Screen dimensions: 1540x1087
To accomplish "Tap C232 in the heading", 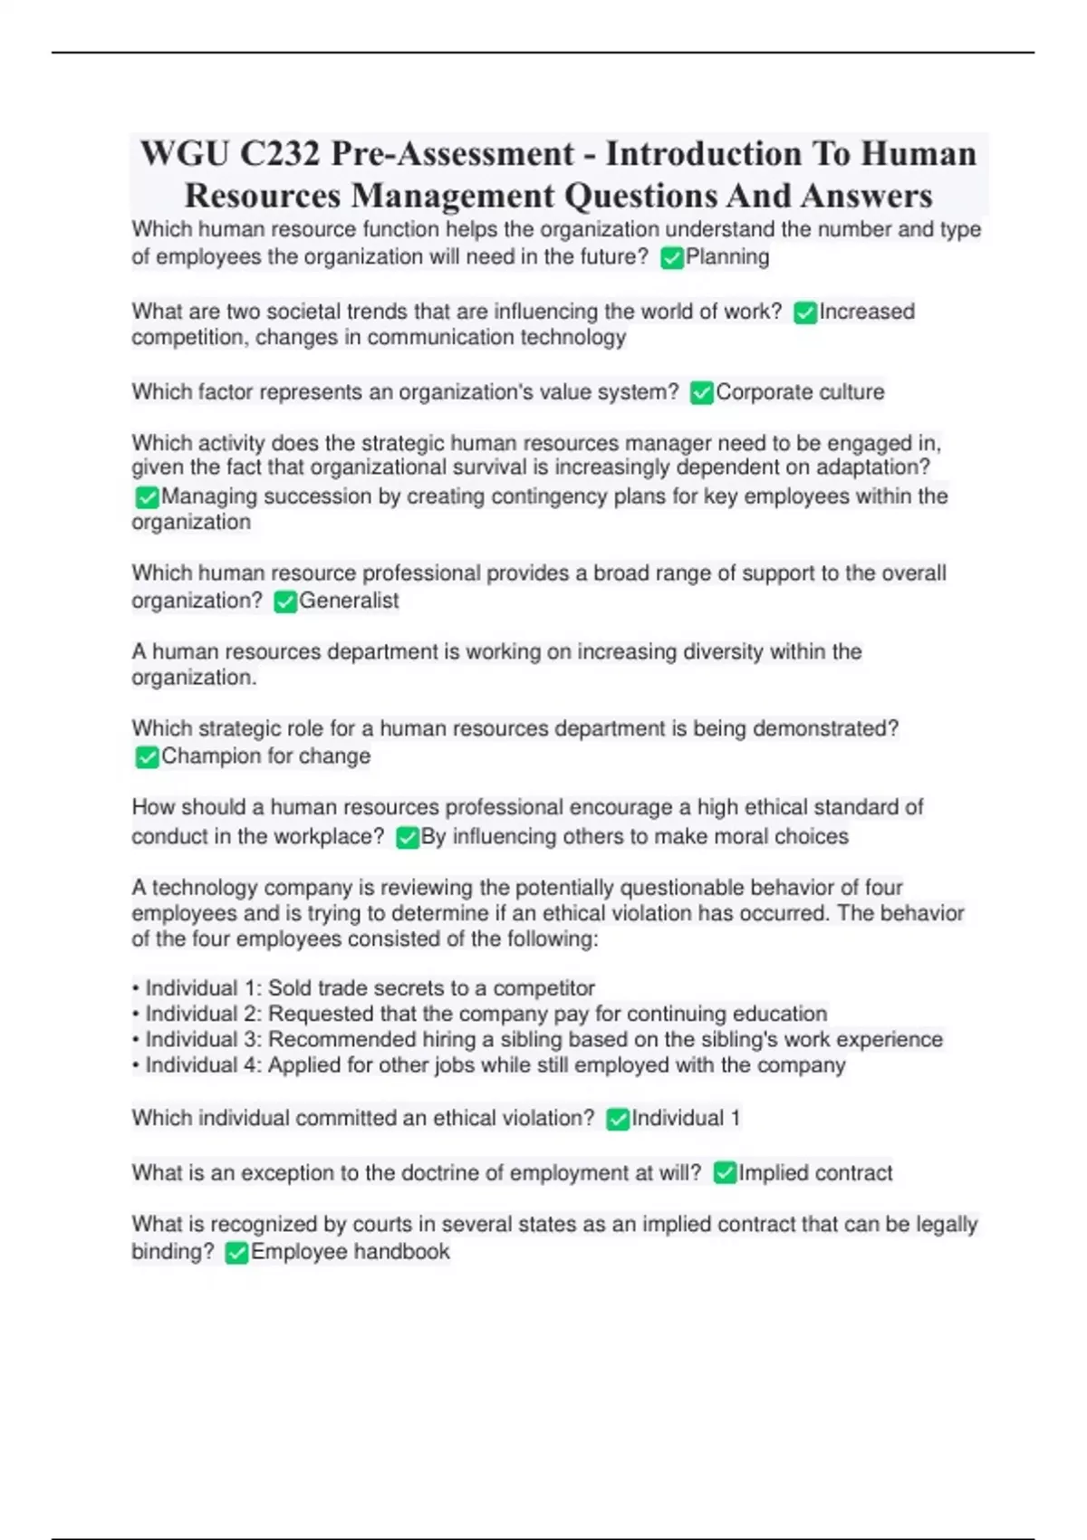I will coord(280,154).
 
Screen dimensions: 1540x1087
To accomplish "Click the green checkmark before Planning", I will coord(671,258).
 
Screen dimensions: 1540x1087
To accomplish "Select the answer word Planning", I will coord(727,257).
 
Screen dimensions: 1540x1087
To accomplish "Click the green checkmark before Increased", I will coord(804,313).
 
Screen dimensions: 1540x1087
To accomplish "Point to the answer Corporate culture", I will coord(800,392).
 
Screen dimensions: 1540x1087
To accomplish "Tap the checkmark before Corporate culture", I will coord(701,393).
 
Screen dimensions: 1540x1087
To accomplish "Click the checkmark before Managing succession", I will coord(147,497).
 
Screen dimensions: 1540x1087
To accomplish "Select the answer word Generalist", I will coord(349,601).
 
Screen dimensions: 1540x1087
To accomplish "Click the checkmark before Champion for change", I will coord(147,757).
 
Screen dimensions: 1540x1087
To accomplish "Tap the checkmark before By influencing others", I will coord(408,837).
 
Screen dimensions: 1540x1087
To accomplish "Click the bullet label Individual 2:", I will coord(204,1014).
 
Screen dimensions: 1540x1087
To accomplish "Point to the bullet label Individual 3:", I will coord(204,1039).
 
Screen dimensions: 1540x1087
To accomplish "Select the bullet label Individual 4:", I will coord(204,1065).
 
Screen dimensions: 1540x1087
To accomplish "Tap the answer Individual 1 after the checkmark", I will coord(686,1119).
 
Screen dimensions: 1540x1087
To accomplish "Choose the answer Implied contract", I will coord(815,1173).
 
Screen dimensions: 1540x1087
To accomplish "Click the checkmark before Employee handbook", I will coord(236,1253).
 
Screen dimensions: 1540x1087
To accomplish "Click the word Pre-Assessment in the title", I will coord(452,154).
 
